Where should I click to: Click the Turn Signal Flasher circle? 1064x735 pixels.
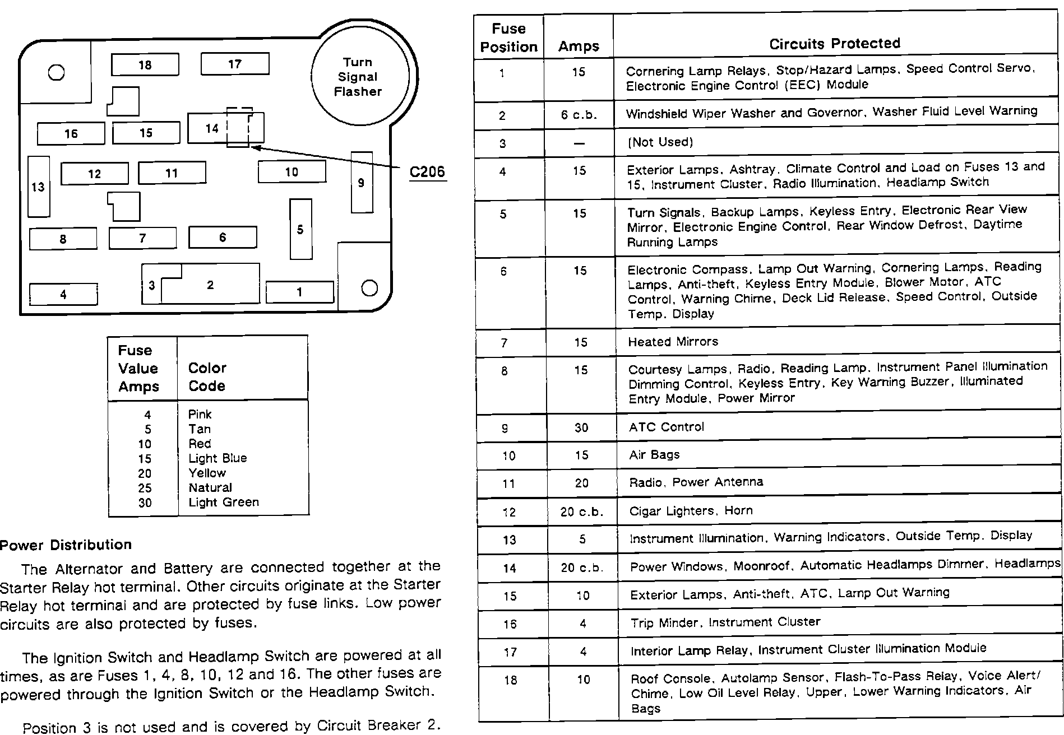358,77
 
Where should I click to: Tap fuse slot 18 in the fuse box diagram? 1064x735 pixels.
145,65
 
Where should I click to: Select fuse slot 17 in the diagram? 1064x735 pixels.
234,64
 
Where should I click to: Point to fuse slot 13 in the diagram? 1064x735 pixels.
38,187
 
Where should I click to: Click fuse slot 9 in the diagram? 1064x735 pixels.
362,182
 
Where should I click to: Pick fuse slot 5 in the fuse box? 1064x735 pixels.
300,229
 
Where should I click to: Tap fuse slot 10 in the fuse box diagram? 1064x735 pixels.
292,172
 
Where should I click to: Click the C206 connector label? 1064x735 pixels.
427,171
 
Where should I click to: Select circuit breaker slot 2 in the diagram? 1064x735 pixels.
210,285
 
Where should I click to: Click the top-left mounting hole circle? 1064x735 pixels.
56,72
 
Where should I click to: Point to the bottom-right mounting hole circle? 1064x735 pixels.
369,288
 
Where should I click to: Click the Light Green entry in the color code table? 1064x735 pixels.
224,503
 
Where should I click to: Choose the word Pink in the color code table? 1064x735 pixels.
200,415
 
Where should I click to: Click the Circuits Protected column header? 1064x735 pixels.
834,44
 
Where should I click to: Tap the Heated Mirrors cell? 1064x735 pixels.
673,342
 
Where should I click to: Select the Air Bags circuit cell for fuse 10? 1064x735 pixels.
654,455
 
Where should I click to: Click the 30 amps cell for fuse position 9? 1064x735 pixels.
581,428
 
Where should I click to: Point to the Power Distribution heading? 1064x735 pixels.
66,545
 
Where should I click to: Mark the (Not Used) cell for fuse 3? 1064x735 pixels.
660,142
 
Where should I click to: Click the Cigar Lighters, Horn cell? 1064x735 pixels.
691,511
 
